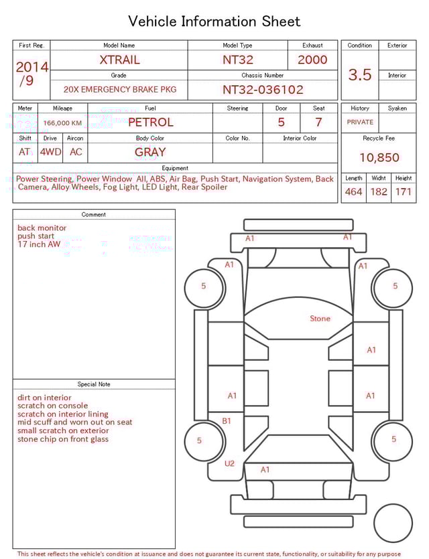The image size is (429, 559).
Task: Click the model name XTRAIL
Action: pos(119,60)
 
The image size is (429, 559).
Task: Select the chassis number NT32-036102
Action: pos(263,89)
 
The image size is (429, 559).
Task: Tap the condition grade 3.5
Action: pos(359,74)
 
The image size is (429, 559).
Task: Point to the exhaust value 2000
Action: pos(312,60)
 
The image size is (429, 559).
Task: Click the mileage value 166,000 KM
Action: pos(62,123)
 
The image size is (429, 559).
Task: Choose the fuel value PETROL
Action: pos(150,122)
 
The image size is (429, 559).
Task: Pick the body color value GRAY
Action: pos(150,152)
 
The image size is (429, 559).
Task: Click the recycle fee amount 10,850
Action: pos(379,158)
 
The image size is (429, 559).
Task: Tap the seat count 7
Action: pos(318,122)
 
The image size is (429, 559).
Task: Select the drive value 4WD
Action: pos(50,152)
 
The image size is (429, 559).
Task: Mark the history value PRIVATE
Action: pos(360,123)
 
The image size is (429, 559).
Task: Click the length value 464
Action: pos(353,192)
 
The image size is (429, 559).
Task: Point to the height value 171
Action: pos(404,192)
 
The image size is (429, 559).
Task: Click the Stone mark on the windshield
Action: pos(320,319)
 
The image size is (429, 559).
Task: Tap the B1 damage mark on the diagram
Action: pos(227,421)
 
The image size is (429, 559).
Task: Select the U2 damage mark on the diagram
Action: pos(229,463)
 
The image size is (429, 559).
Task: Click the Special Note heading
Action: pos(94,384)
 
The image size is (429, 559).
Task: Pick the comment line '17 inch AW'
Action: pos(39,244)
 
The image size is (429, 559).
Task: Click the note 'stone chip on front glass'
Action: pos(63,439)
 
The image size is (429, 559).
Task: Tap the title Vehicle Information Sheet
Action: pos(214,21)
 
